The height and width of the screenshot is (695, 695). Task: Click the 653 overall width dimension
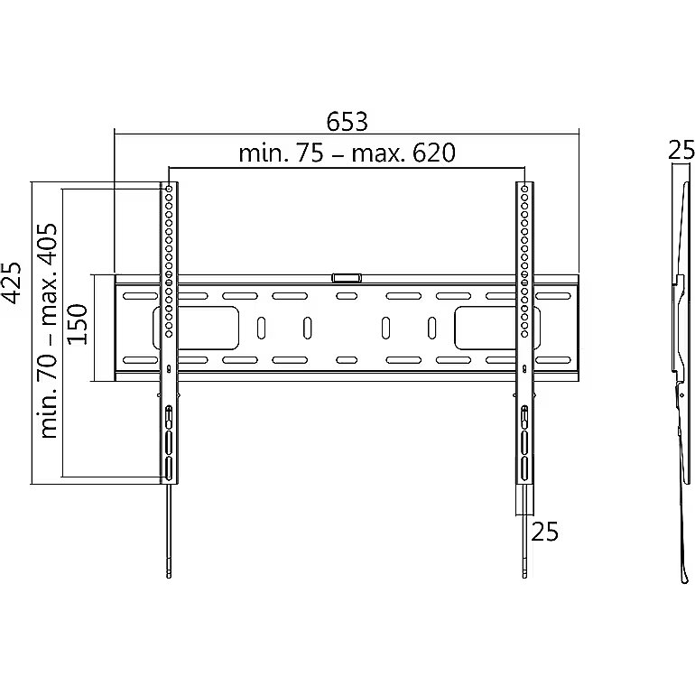click(x=347, y=122)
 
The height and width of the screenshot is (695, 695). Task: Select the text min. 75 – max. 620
click(x=347, y=153)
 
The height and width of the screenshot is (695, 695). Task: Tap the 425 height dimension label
click(x=11, y=283)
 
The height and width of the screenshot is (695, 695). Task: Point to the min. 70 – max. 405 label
click(x=48, y=330)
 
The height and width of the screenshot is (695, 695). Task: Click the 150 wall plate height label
click(x=77, y=324)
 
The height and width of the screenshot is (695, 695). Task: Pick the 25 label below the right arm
click(x=545, y=532)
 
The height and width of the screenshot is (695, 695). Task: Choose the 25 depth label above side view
click(x=681, y=150)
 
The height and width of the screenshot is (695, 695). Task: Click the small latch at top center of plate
click(x=347, y=278)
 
